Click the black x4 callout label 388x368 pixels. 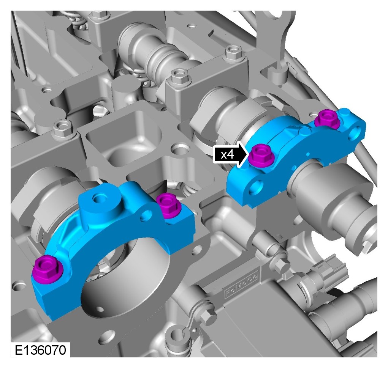click(x=227, y=155)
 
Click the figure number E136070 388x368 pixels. click(x=41, y=350)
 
